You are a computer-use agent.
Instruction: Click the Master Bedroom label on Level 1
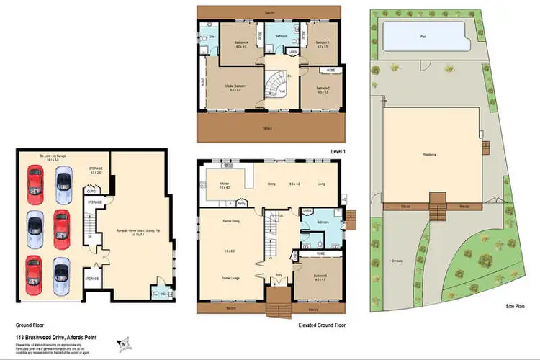[x=235, y=86]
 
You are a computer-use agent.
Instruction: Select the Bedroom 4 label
[x=240, y=43]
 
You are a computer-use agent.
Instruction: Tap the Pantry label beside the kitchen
[x=243, y=204]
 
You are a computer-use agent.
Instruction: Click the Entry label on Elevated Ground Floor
[x=278, y=274]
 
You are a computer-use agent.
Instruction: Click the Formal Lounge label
[x=230, y=277]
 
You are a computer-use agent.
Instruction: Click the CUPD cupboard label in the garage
[x=91, y=192]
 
